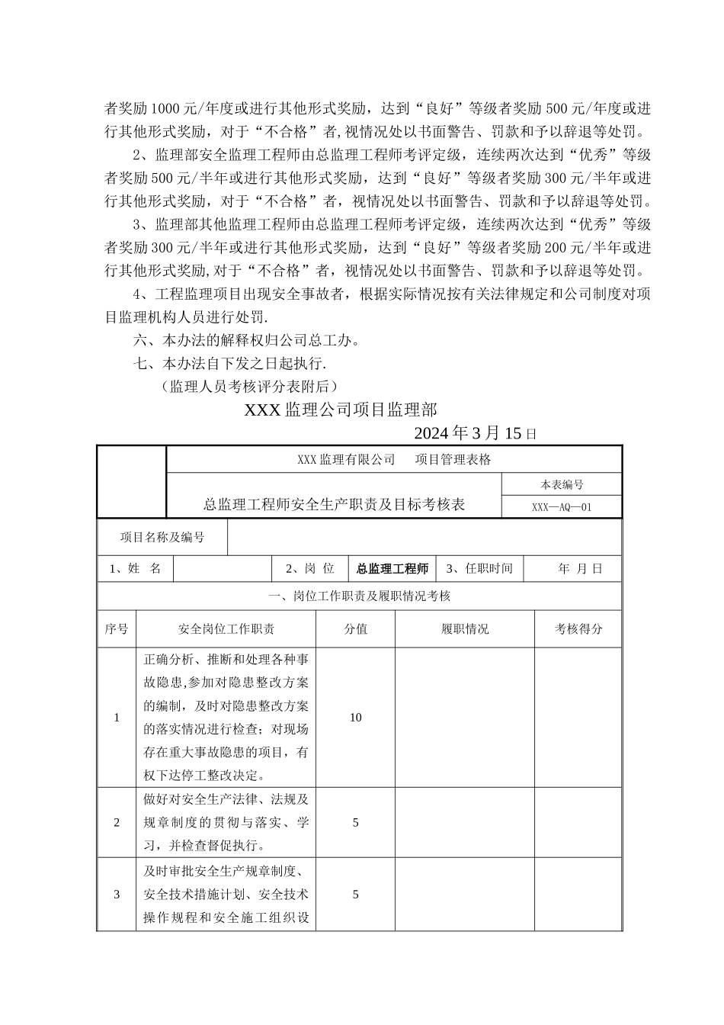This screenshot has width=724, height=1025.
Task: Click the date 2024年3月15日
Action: coord(476,433)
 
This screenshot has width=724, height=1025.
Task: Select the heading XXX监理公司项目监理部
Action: coord(341,410)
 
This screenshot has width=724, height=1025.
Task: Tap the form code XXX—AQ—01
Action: coord(561,506)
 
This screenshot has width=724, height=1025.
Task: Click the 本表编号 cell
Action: coord(561,484)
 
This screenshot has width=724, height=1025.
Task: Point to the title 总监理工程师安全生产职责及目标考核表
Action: coord(334,504)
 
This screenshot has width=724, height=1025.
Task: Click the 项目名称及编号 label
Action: coord(162,537)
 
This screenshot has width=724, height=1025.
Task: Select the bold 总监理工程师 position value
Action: coord(392,569)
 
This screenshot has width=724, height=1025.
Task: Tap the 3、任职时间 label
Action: coord(479,569)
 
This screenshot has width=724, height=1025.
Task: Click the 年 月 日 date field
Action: coord(579,569)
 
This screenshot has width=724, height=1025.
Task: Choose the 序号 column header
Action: coord(117,629)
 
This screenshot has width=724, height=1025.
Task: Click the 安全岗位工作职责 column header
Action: coord(226,629)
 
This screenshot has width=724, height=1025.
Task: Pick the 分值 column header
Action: coord(355,629)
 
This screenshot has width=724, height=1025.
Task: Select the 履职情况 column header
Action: coord(465,629)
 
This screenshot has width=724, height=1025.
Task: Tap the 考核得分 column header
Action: coord(578,629)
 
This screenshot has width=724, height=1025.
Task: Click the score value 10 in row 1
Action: coord(355,718)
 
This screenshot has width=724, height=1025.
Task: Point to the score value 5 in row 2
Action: coord(355,823)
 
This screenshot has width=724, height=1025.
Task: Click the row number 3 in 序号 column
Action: coord(117,895)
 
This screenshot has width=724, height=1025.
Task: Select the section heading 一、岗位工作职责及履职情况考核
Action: coord(360,596)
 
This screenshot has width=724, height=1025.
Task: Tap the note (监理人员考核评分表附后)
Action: coord(249,386)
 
